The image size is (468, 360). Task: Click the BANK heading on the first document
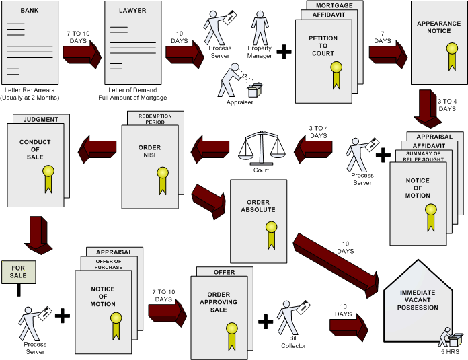coord(30,11)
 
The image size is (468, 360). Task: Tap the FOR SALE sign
coord(19,271)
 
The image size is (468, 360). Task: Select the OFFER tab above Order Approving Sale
coord(224,272)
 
